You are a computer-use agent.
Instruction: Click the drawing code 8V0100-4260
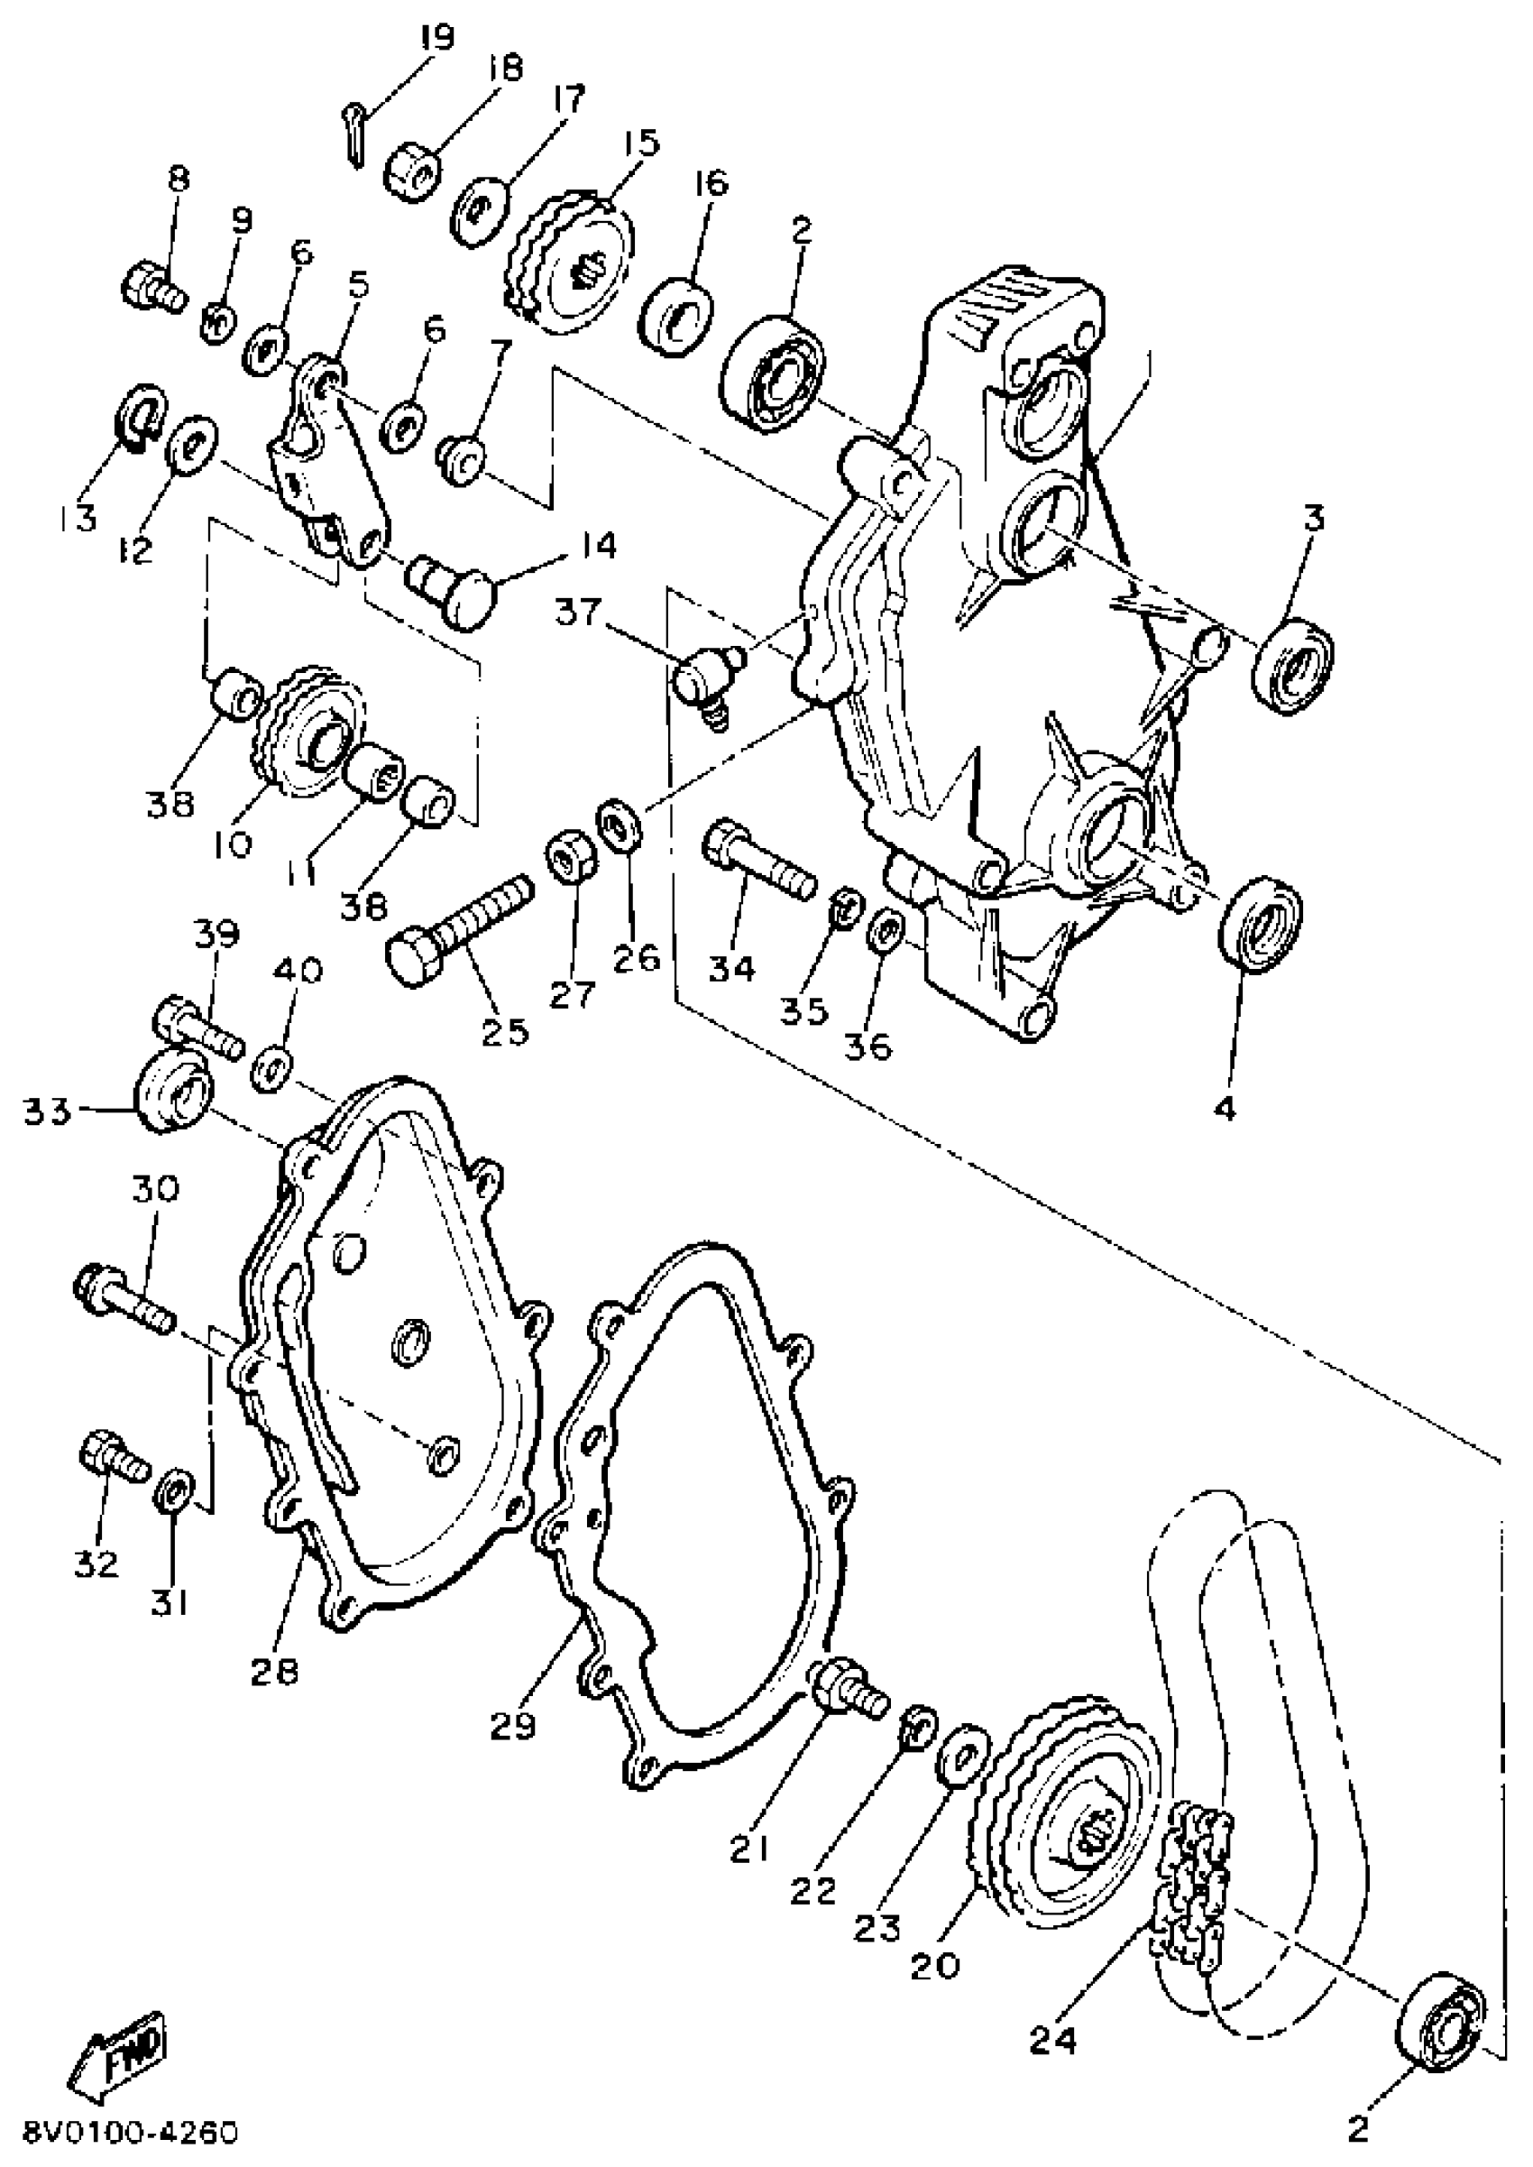click(133, 2140)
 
